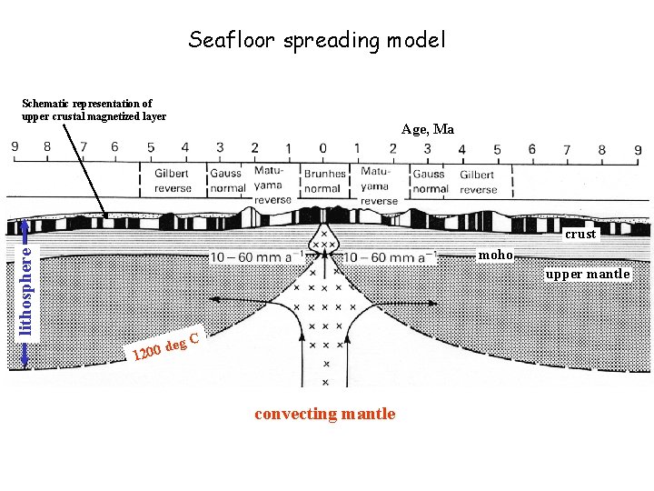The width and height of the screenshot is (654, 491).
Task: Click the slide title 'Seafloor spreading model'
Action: coord(317,40)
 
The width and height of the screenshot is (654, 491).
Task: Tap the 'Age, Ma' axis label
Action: coord(428,129)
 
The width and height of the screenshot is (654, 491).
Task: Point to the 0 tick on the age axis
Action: coord(322,147)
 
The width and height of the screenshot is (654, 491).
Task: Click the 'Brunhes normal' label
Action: coord(324,181)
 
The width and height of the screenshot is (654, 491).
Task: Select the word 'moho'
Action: coord(496,255)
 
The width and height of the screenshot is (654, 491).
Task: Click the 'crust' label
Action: coord(580,234)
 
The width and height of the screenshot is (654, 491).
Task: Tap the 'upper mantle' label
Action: coord(587,274)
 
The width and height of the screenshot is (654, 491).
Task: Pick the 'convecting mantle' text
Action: coord(325,414)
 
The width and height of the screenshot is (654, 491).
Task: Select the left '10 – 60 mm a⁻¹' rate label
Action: coord(253,256)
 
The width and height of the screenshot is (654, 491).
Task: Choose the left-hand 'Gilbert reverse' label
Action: coord(173,181)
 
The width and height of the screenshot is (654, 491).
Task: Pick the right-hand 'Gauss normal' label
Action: coord(430,181)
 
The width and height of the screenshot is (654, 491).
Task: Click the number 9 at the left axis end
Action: coord(15,147)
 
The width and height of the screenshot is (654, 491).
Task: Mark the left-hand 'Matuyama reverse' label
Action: coord(272,185)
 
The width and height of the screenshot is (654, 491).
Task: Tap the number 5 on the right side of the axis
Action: coord(497,149)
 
